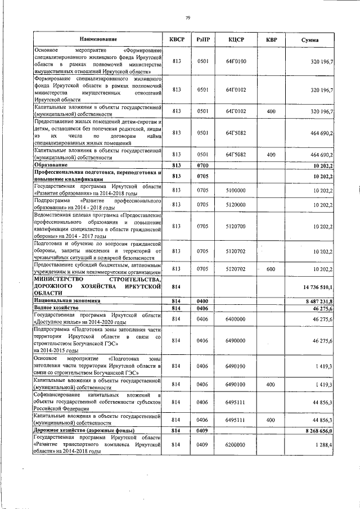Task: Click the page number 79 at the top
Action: [x=188, y=18]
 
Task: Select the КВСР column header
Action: [x=177, y=39]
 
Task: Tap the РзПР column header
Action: [x=203, y=39]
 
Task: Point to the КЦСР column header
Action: [x=236, y=39]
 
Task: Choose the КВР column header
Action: [x=271, y=39]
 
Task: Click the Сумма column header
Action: [x=310, y=40]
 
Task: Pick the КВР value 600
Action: [x=271, y=269]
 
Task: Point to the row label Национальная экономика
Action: [x=66, y=301]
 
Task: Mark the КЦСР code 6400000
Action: [x=236, y=319]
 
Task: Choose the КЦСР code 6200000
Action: [x=236, y=444]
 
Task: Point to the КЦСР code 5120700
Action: [x=236, y=226]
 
